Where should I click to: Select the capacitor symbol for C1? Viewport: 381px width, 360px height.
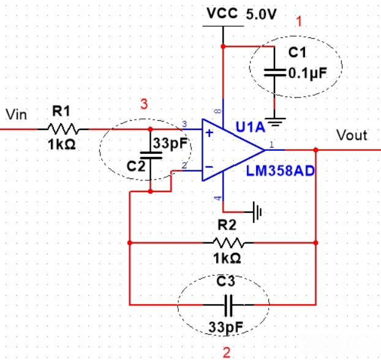[x=274, y=72]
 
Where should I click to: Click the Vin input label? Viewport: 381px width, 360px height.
[x=17, y=114]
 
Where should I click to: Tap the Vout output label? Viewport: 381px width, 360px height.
[x=352, y=135]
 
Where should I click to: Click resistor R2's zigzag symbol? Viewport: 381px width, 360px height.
[x=228, y=242]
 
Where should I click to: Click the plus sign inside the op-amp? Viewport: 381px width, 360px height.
[x=209, y=132]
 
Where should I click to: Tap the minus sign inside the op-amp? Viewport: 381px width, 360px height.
[x=209, y=166]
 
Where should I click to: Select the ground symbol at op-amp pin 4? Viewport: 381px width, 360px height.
[x=258, y=212]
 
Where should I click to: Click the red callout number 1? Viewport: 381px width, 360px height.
[x=300, y=22]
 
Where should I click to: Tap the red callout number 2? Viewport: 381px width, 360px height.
[x=227, y=352]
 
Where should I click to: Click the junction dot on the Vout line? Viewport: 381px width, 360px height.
[x=315, y=149]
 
